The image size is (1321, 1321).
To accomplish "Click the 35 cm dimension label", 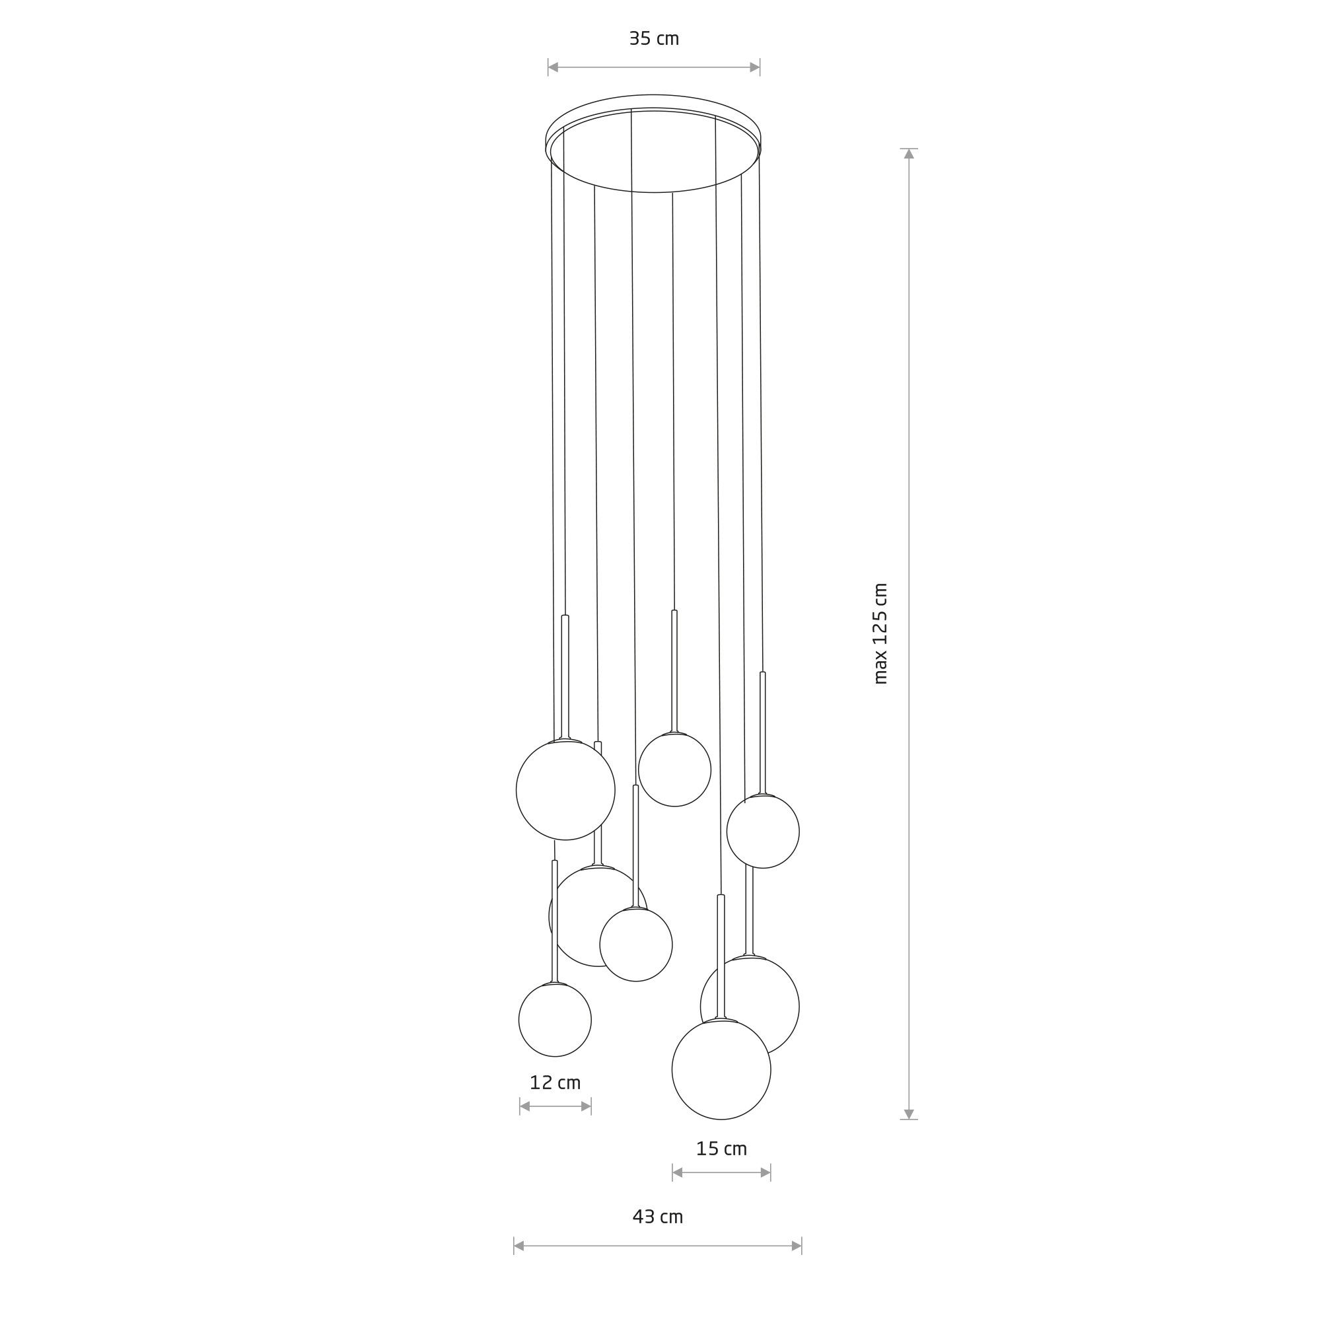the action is coord(654,39).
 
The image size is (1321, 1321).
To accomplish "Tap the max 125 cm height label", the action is coord(880,633).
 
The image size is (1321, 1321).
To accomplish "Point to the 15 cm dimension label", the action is coord(721,1149).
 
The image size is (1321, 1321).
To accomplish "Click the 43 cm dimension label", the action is coord(658,1217).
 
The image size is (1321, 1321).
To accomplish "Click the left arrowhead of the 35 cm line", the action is coord(553,67).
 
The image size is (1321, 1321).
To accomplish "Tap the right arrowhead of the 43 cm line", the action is coord(797,1246).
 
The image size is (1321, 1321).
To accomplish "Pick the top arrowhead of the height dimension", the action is coord(909,154).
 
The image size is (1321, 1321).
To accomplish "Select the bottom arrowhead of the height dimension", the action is coord(909,1114).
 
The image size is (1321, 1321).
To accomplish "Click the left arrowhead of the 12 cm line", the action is coord(525,1106).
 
